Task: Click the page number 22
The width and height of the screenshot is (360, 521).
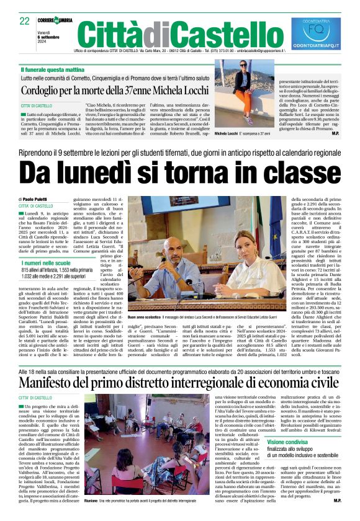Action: [x=25, y=21]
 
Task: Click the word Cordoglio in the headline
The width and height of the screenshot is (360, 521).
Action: [x=46, y=90]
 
